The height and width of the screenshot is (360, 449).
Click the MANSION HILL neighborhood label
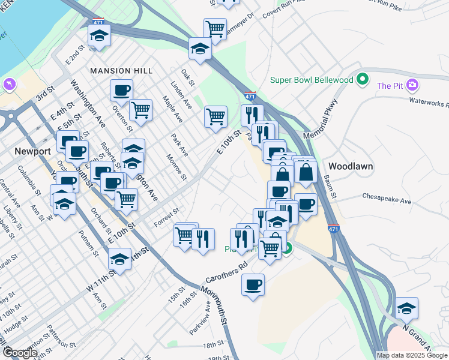(x=121, y=71)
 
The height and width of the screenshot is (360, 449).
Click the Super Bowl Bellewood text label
(x=312, y=80)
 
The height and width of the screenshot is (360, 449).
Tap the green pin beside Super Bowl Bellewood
(x=362, y=79)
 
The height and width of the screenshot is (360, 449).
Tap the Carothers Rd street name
(x=226, y=274)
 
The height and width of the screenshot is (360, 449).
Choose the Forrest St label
(x=167, y=214)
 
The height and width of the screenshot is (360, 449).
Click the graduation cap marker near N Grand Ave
(x=407, y=308)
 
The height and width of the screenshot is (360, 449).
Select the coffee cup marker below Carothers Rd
(x=253, y=284)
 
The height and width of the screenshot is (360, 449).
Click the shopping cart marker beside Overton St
(x=140, y=110)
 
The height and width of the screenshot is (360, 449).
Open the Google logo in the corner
(x=20, y=353)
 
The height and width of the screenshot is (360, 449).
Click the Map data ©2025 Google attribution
(x=412, y=355)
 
